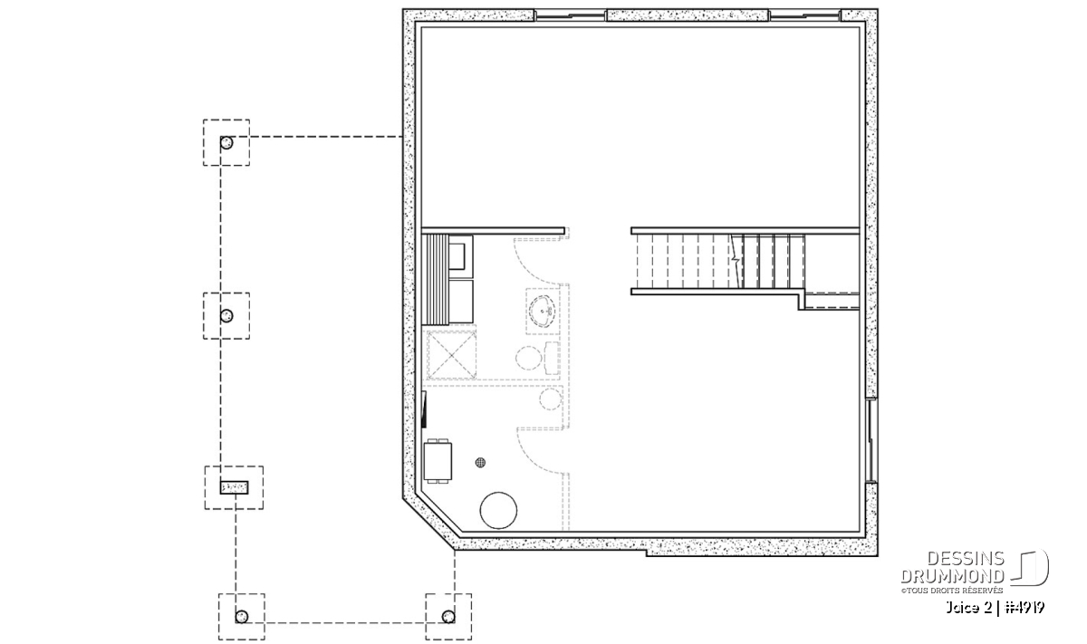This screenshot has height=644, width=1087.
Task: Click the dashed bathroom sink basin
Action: click(542, 311)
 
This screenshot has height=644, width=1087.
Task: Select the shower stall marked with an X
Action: click(451, 355)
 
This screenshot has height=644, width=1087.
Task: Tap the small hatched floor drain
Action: click(480, 463)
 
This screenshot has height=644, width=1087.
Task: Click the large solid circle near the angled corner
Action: click(498, 510)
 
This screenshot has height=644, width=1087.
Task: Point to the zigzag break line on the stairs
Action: click(736, 261)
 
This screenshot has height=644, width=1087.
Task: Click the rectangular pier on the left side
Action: click(235, 487)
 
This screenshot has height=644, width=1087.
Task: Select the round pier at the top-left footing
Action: click(226, 143)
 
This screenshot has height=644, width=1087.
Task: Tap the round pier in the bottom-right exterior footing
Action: click(448, 617)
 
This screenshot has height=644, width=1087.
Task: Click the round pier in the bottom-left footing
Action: click(242, 617)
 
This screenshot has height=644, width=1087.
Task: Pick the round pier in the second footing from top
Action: click(226, 316)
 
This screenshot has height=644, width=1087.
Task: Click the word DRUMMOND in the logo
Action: click(952, 576)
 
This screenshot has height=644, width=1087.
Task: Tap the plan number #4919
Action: click(1024, 608)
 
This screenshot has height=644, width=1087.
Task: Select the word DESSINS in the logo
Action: click(966, 559)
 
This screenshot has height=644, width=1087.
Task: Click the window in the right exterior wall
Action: click(871, 440)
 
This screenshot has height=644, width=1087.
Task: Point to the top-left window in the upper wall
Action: click(570, 16)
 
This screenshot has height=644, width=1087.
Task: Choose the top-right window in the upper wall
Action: click(804, 16)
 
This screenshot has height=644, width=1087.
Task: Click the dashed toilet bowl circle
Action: click(528, 358)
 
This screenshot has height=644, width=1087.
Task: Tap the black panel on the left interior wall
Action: click(424, 410)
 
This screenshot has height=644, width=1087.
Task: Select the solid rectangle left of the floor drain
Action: click(438, 462)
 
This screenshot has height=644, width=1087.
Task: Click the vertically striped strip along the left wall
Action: click(436, 280)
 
